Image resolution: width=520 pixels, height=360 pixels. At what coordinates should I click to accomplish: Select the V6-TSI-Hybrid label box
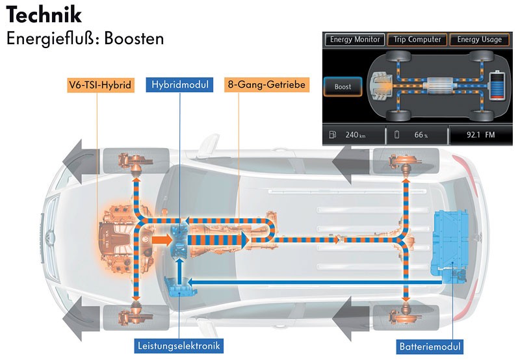point(100,84)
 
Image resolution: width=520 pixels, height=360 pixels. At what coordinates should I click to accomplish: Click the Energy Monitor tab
point(354,40)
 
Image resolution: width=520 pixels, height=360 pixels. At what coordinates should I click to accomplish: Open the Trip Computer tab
point(415,40)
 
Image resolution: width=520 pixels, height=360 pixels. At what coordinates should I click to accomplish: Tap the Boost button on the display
point(343,86)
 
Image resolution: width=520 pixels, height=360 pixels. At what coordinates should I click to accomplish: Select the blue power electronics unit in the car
point(179,287)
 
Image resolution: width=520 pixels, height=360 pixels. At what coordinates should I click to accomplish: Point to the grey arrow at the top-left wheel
point(81,161)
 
